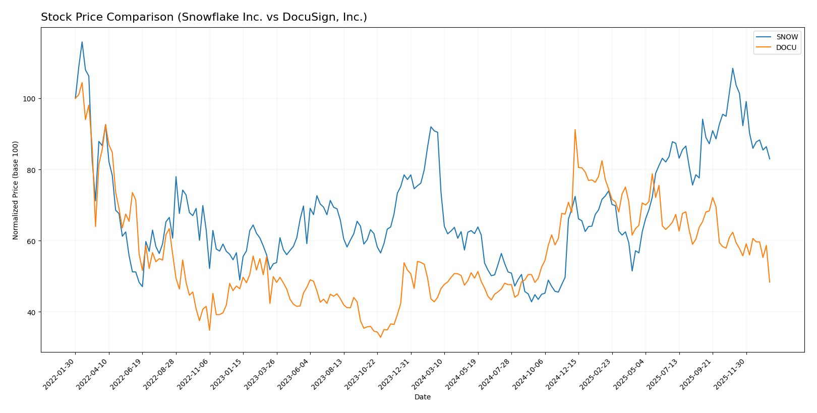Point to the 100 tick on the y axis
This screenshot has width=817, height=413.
tap(31, 99)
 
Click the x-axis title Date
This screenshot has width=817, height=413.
tap(422, 397)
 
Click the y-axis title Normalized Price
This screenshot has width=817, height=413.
tap(16, 190)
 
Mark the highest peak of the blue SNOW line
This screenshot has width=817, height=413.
tap(82, 42)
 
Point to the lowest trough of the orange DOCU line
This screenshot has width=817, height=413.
tap(380, 337)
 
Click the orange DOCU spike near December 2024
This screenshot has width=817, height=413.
tap(575, 130)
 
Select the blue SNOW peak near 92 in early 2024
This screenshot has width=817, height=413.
tap(431, 127)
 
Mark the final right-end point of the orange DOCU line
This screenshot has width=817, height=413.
tap(770, 282)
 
